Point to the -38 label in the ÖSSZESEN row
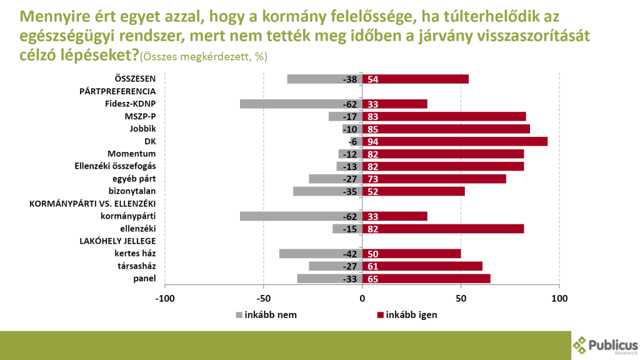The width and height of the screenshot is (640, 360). pos(350,79)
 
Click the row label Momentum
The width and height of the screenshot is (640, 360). pos(131,154)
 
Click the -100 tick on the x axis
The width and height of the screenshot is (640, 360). pos(165,299)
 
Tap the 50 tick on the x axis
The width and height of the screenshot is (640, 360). pos(461,299)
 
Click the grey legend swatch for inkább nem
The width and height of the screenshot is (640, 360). pos(240,315)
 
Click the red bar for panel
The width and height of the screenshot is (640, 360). pos(431,279)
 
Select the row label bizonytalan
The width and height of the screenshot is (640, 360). pos(128,191)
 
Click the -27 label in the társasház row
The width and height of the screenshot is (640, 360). pos(350,266)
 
